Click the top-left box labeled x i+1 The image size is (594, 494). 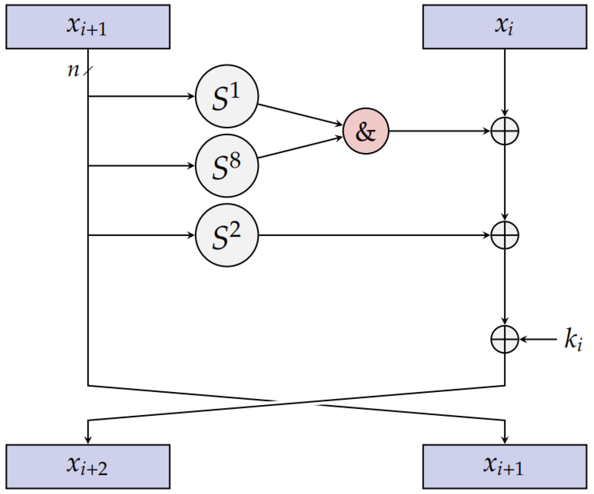88,27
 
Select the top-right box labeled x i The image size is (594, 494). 505,27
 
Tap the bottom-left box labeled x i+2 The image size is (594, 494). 88,467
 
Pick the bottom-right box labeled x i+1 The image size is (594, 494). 505,467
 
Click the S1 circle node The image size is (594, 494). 227,96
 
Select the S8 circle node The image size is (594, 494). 227,166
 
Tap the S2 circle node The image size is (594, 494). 227,235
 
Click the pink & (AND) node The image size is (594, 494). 366,131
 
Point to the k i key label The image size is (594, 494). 573,340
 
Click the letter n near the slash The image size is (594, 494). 73,70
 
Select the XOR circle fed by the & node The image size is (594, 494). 505,131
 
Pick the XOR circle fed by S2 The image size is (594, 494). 505,235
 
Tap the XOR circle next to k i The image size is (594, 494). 505,340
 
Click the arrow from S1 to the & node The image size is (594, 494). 300,115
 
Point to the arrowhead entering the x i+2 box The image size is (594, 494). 88,439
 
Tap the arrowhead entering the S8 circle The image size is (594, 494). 191,166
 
